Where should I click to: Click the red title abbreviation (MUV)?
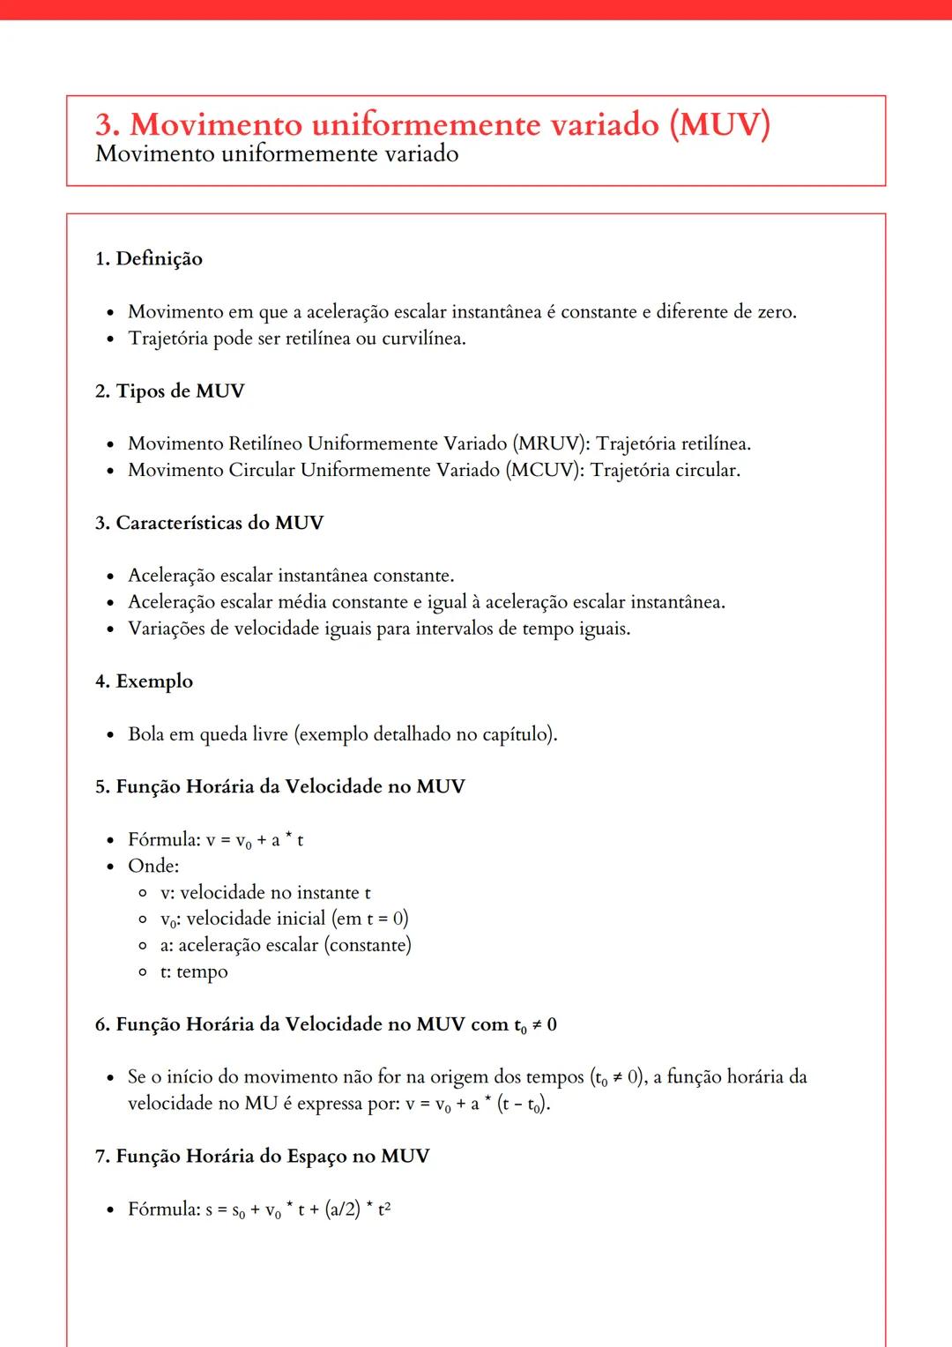tap(719, 124)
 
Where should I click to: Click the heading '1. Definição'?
tap(149, 258)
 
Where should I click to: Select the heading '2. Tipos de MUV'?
tap(169, 391)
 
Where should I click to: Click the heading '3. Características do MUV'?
tap(209, 523)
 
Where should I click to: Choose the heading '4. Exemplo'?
tap(144, 681)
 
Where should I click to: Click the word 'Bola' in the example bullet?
tap(146, 734)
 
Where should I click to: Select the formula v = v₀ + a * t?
tap(255, 840)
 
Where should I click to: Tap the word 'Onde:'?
tap(153, 866)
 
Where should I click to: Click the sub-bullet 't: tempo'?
tap(194, 971)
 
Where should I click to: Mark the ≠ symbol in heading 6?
tap(537, 1024)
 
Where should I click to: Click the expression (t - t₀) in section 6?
tap(523, 1104)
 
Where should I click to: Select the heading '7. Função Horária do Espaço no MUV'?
tap(262, 1156)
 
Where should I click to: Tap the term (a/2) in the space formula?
tap(343, 1209)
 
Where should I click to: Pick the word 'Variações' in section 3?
tap(166, 629)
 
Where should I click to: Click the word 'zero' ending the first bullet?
tap(775, 312)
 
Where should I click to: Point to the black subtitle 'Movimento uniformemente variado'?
tap(277, 154)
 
